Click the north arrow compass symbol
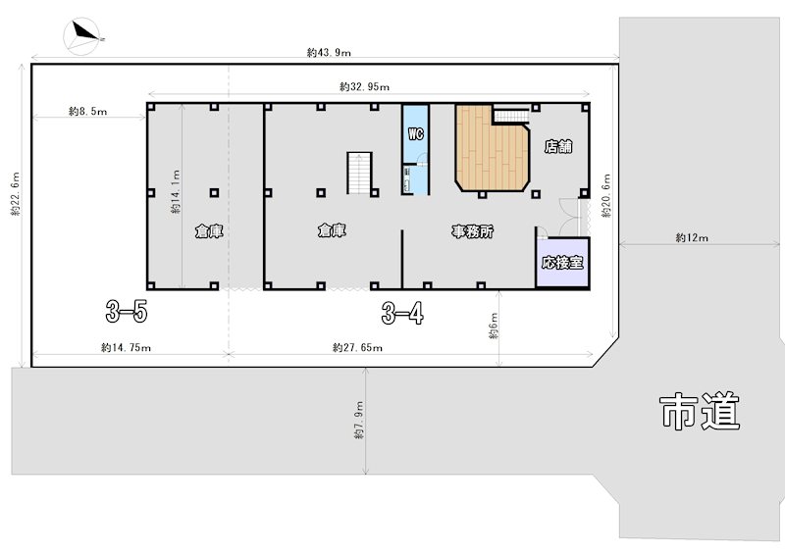[83, 36]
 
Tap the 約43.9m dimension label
[329, 52]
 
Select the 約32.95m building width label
[364, 86]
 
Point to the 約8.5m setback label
[87, 111]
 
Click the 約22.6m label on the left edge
[16, 194]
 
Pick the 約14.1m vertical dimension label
[176, 191]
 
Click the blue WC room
[416, 149]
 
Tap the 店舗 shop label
[558, 147]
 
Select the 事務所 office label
[473, 231]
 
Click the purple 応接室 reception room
[562, 262]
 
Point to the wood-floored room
[493, 148]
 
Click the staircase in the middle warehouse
[359, 174]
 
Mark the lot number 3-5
[127, 312]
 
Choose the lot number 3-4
[402, 314]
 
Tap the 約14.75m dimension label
[127, 347]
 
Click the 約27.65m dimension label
[357, 347]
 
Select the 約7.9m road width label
[359, 421]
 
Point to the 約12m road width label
[692, 237]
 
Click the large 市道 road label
[700, 412]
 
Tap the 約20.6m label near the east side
[606, 196]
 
